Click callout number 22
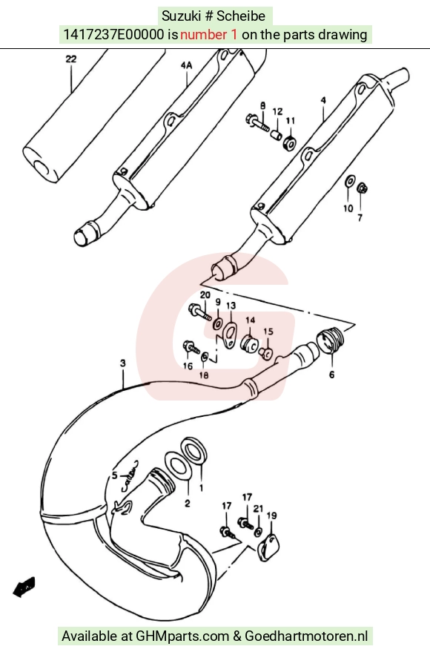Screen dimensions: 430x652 click(71, 59)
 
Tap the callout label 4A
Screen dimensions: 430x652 click(187, 65)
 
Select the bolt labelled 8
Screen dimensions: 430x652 click(258, 122)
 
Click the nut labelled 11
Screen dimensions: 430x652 click(290, 142)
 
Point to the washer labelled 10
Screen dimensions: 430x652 click(350, 181)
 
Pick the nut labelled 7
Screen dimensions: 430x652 click(363, 188)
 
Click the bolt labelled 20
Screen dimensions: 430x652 click(200, 312)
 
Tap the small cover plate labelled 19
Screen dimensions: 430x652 click(268, 547)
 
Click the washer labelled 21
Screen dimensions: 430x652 click(258, 532)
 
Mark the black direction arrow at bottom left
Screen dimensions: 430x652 click(24, 587)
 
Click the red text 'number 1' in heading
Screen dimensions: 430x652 click(209, 35)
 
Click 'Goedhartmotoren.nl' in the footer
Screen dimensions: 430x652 click(306, 636)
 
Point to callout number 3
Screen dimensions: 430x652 click(122, 363)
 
